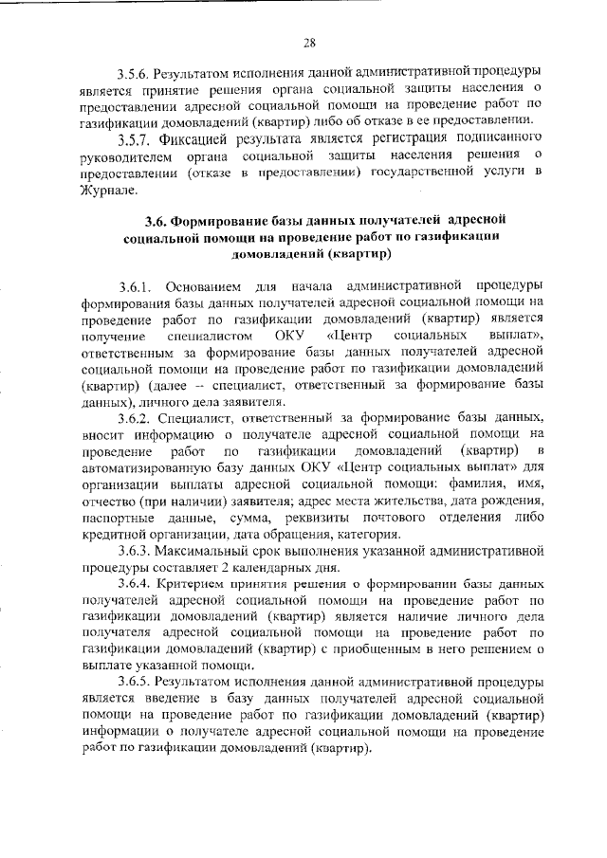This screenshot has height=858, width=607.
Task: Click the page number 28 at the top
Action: pos(308,41)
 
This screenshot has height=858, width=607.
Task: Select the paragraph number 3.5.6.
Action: pos(134,73)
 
